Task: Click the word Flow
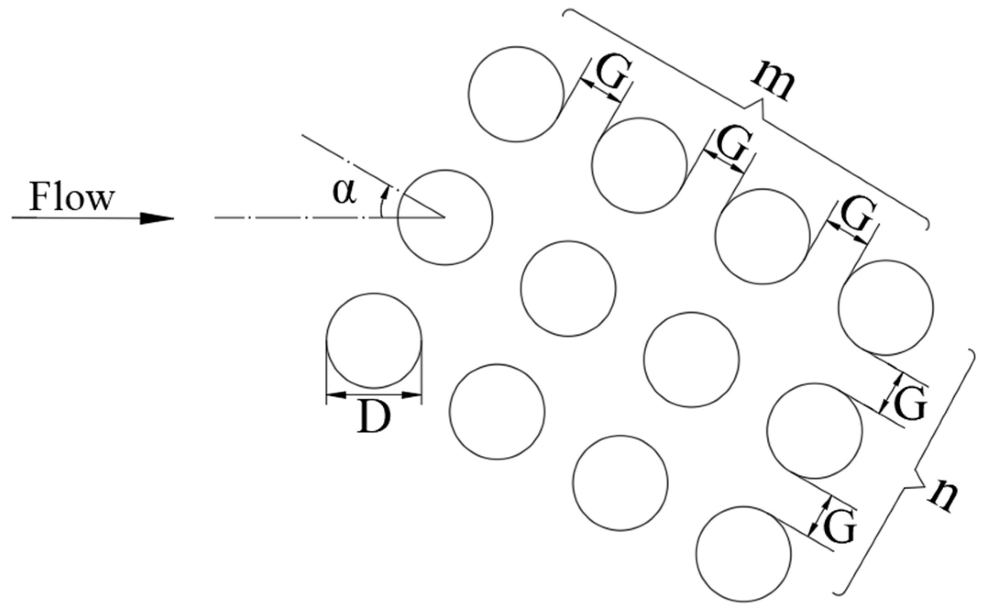coord(72,197)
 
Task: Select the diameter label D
coord(374,418)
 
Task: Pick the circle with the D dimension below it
coord(374,340)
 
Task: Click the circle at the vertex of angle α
coord(445,217)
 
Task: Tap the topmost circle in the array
coord(516,94)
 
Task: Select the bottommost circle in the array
coord(743,553)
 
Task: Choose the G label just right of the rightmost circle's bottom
coord(910,403)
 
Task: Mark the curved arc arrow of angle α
coord(382,202)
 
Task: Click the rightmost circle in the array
coord(885,307)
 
